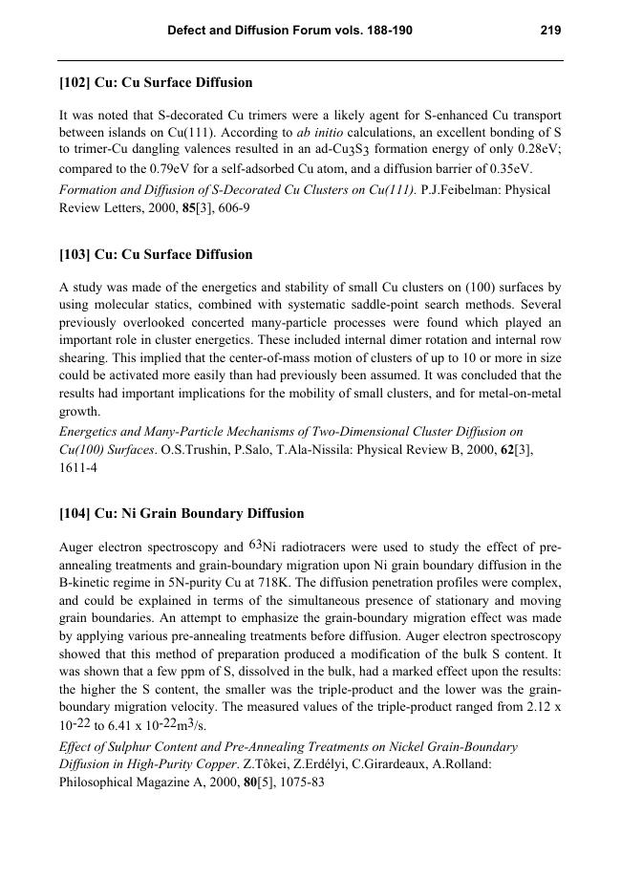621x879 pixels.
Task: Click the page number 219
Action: click(549, 31)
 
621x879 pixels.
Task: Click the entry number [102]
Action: click(75, 83)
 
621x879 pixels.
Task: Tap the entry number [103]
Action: click(75, 255)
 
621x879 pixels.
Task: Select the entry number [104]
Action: click(75, 514)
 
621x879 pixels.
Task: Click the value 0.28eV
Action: click(539, 151)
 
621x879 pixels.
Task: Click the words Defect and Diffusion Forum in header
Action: click(246, 31)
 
